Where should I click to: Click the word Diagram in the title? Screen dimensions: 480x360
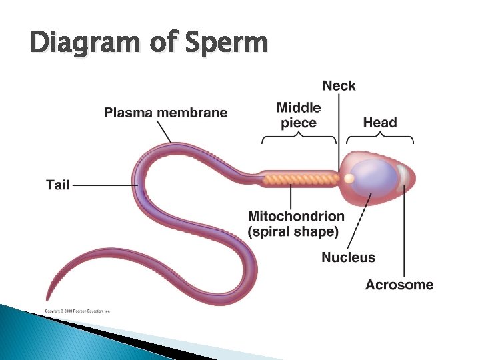click(79, 43)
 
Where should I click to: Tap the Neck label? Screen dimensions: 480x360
click(339, 85)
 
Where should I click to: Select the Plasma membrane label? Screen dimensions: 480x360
click(165, 113)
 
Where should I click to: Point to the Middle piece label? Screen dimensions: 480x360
click(299, 115)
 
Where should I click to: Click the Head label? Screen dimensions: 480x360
click(380, 123)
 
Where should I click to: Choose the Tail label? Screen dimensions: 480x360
click(58, 185)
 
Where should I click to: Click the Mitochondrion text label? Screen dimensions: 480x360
click(296, 216)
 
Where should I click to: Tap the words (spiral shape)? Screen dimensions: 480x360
click(293, 232)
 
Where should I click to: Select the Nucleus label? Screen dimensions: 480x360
click(348, 257)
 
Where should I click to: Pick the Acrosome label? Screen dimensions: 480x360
click(399, 285)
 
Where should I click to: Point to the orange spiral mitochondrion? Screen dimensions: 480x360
click(300, 179)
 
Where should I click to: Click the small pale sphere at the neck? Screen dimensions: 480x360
click(349, 179)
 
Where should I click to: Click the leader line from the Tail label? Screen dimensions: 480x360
click(103, 185)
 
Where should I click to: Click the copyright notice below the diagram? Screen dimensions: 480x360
click(77, 311)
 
